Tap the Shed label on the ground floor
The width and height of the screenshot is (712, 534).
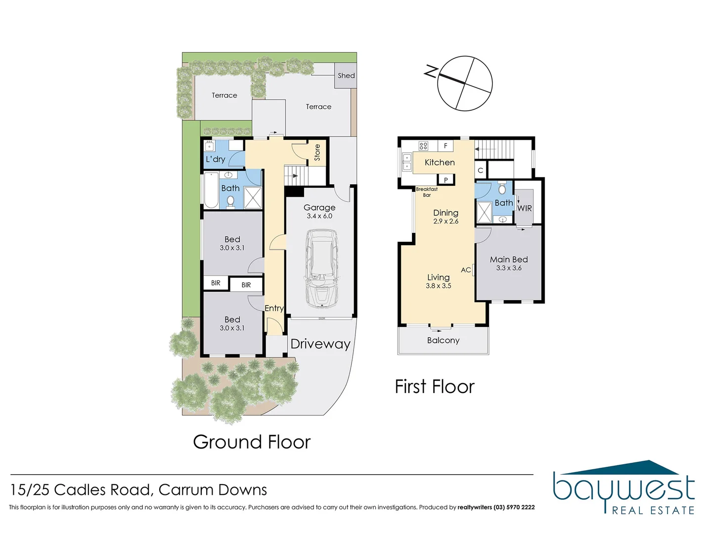point(346,76)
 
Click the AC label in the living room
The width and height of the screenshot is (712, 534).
point(466,270)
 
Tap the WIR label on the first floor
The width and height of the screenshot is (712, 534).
point(525,208)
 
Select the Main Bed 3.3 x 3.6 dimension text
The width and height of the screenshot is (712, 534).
point(509,268)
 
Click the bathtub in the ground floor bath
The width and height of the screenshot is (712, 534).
point(212,190)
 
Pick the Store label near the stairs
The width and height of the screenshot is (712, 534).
point(317,152)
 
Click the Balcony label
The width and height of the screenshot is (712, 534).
point(443,340)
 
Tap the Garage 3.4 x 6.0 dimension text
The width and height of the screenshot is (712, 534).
point(319,216)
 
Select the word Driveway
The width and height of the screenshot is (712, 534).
point(320,344)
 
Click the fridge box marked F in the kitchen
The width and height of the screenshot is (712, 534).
point(445,146)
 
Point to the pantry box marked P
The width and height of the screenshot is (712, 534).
point(446,180)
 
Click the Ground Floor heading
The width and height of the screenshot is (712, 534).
point(252,442)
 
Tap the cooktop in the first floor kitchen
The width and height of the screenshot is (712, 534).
point(423,146)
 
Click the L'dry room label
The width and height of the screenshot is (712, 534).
point(215,159)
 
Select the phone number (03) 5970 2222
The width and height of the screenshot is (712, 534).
point(514,507)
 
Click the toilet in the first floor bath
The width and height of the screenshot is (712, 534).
point(502,189)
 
